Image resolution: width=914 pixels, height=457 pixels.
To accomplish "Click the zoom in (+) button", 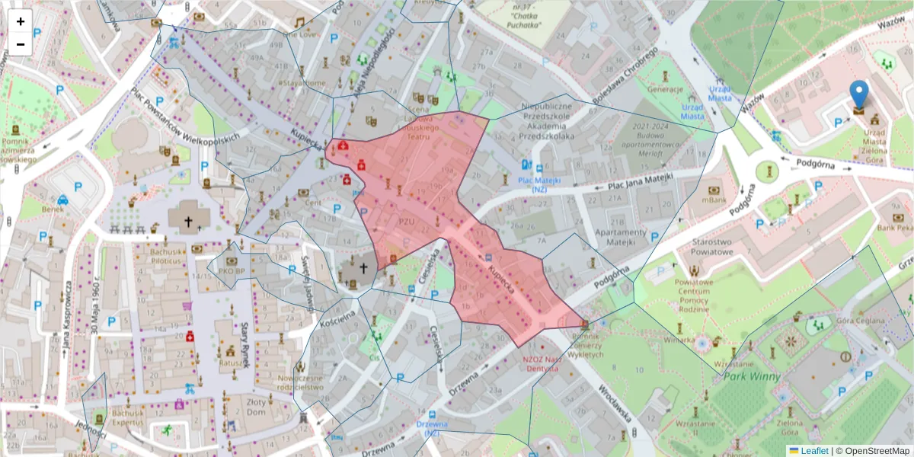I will tap(21, 21).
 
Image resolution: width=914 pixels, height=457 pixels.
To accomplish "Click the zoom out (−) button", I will tap(21, 44).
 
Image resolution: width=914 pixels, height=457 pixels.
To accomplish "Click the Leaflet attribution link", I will tap(813, 450).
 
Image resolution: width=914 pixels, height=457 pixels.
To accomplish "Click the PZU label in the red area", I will tap(406, 222).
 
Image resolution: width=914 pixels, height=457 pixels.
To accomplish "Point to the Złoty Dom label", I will tap(262, 406).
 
